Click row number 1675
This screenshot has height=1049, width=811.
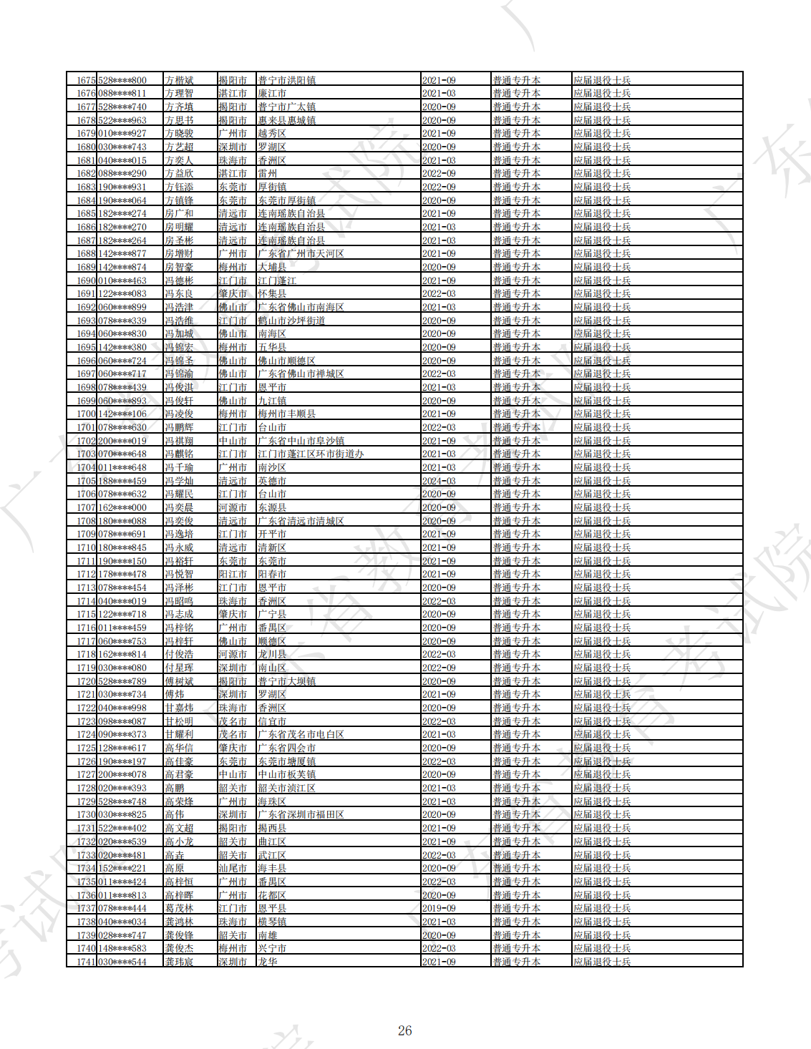pos(86,80)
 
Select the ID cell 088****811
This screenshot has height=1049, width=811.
pos(122,94)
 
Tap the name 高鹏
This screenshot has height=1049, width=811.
pos(175,788)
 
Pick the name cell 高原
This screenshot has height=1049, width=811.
pos(175,868)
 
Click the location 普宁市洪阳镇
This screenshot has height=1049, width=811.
pos(286,80)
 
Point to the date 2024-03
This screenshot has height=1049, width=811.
pos(438,481)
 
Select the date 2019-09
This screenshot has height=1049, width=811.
pos(438,908)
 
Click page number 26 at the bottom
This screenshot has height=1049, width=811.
pos(404,1030)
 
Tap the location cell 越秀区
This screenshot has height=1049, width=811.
pos(272,134)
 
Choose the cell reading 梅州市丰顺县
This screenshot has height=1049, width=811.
pos(286,414)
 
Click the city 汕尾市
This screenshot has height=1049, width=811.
pos(233,868)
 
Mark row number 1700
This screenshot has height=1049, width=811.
pos(86,414)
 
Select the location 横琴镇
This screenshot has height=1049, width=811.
pos(272,922)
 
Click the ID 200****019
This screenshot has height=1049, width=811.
pos(122,441)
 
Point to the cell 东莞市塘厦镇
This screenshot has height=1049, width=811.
pos(286,761)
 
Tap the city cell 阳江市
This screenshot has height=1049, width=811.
pos(233,574)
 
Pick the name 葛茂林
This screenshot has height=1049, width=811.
pos(179,908)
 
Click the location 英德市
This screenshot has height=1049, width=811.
pos(272,481)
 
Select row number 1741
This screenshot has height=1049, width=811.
pos(86,962)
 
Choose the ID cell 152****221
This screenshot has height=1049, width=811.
pos(122,868)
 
